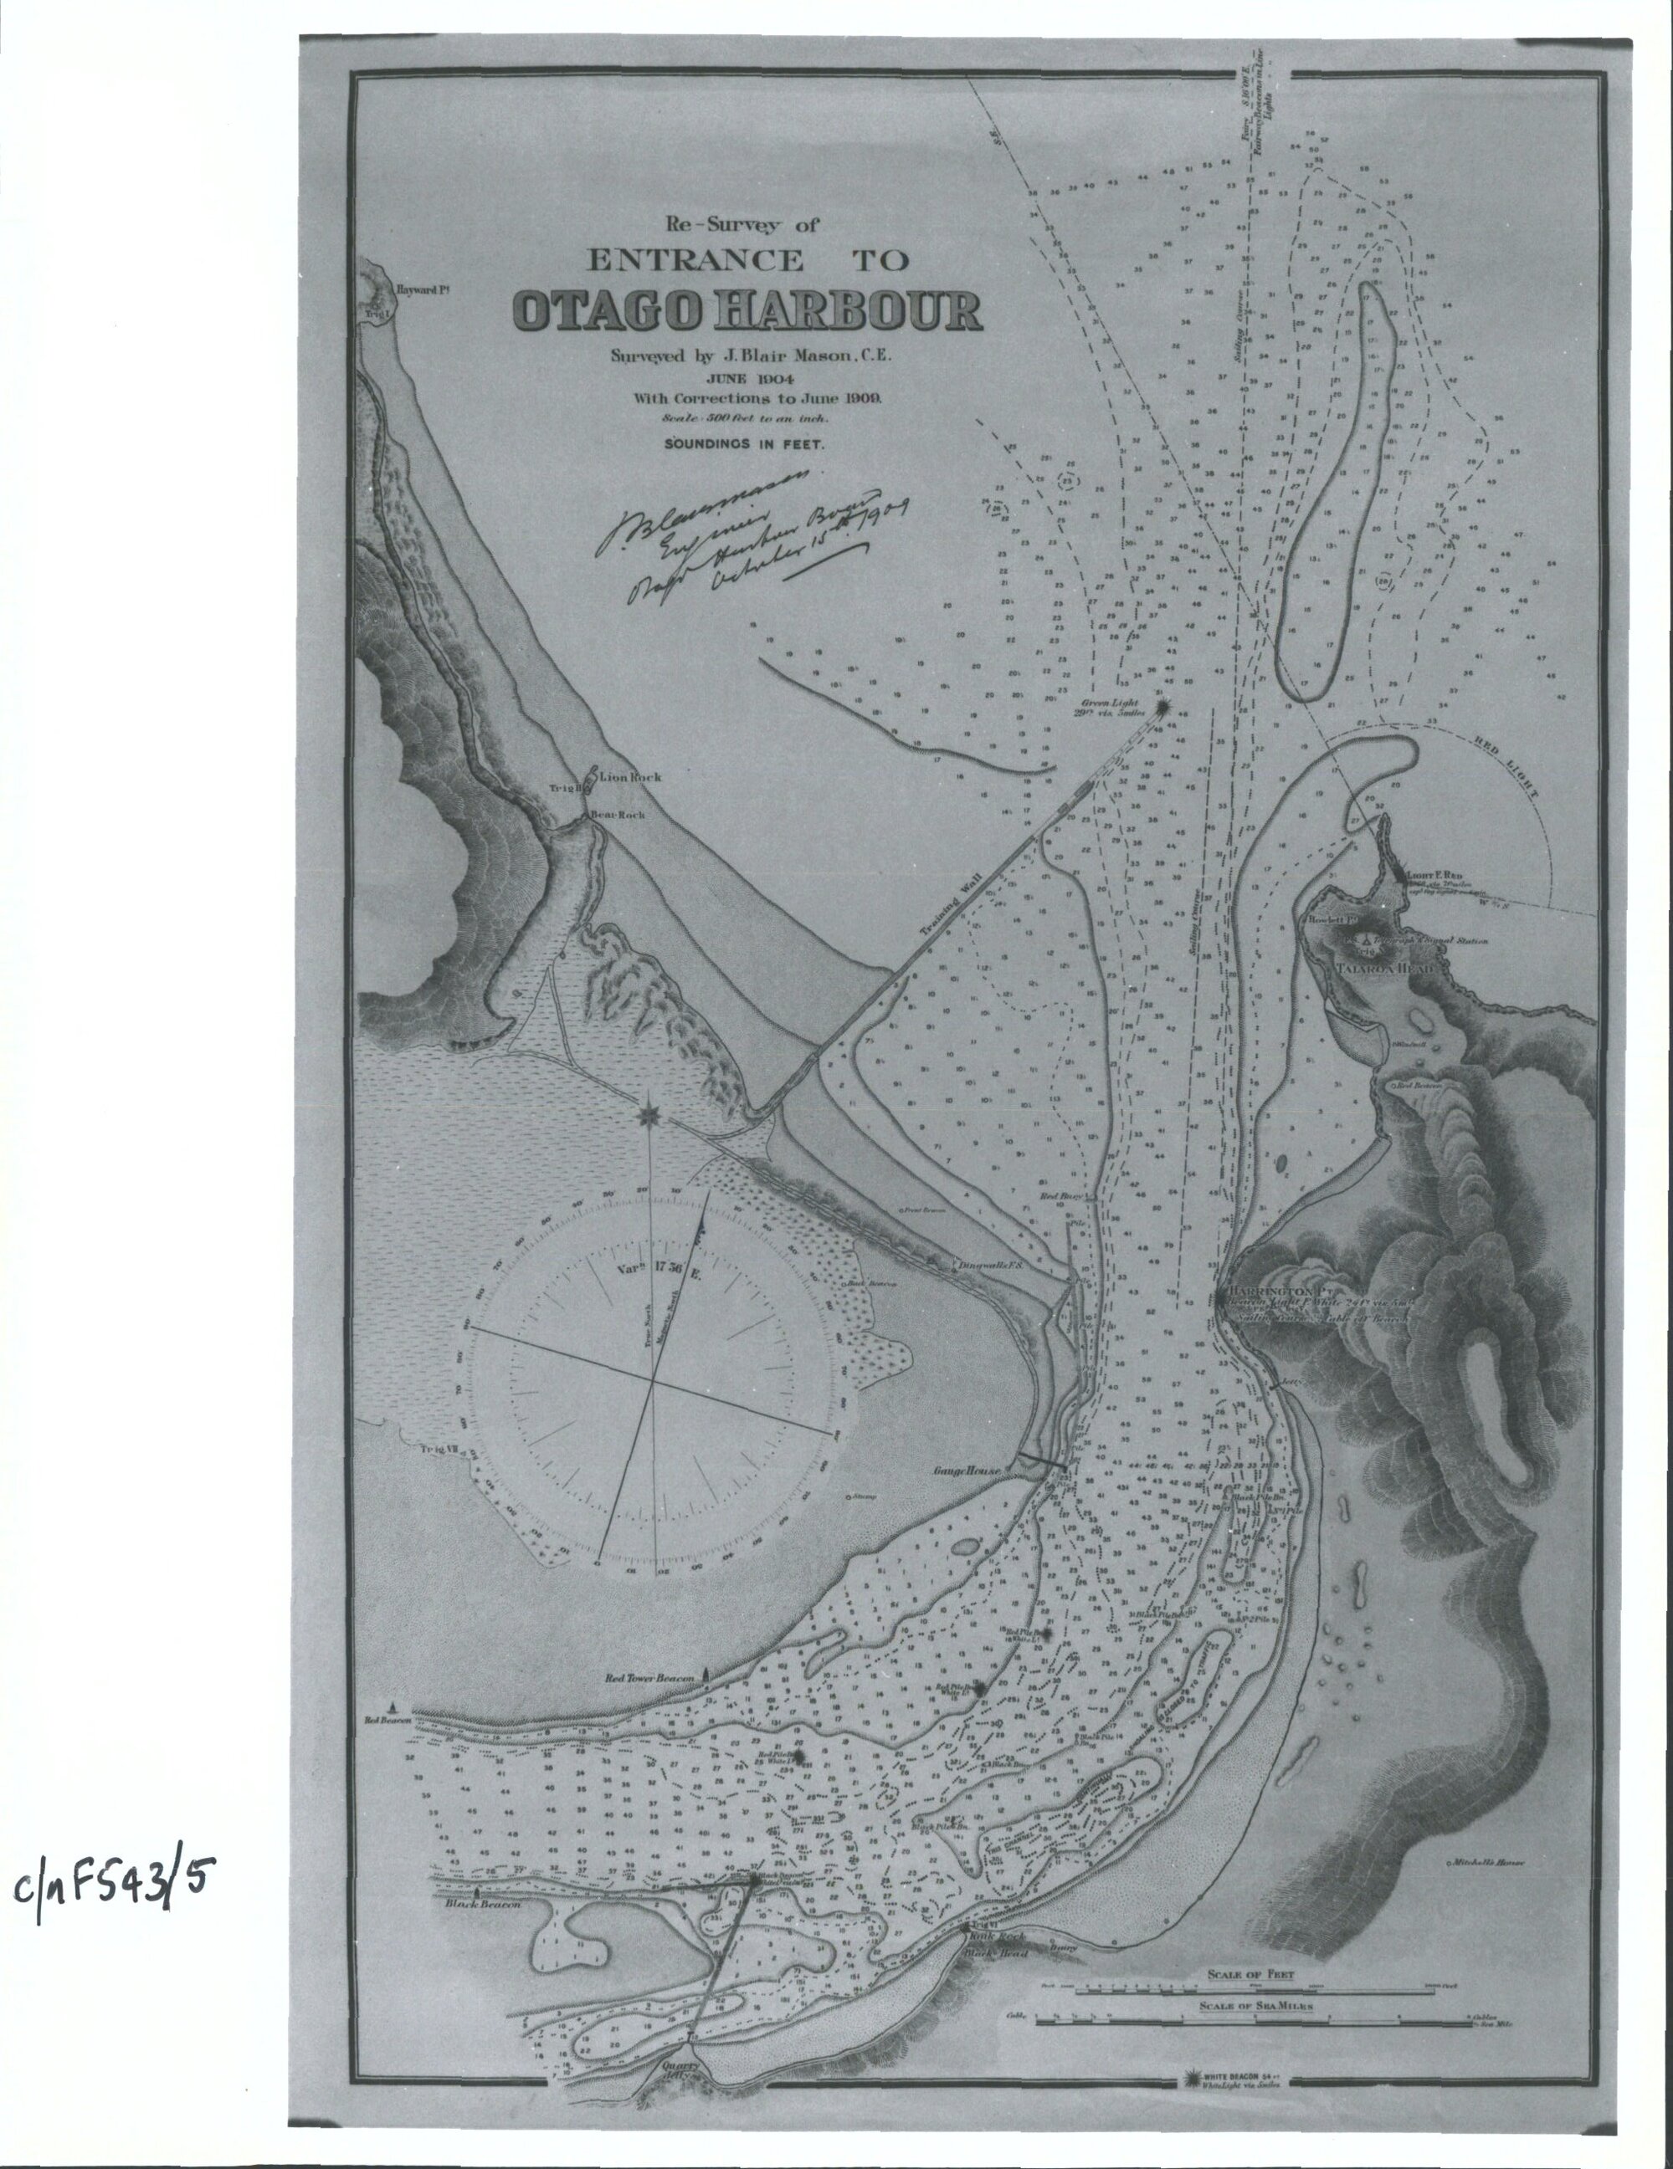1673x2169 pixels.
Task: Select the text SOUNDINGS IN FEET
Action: point(744,446)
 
